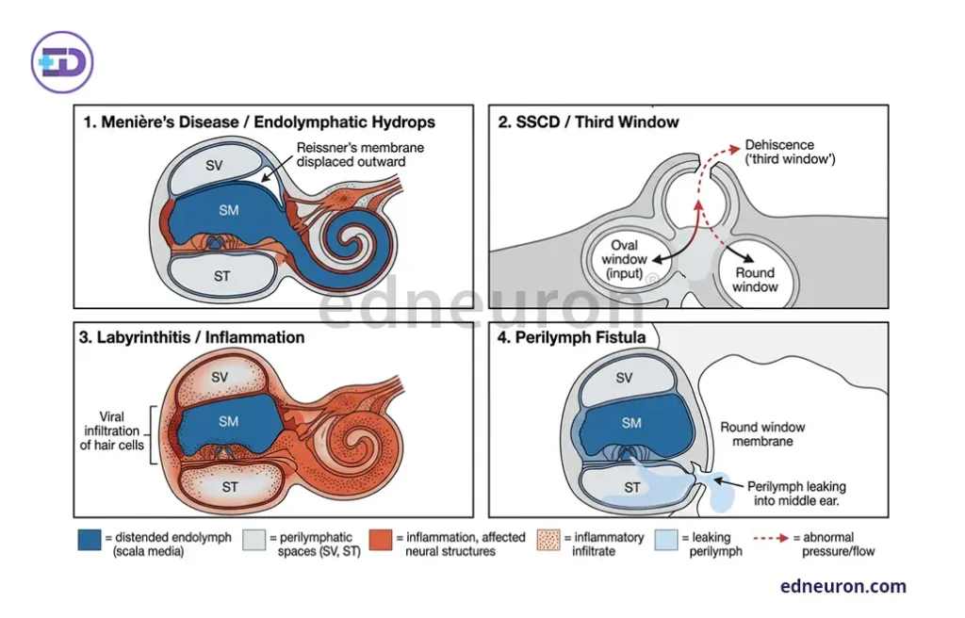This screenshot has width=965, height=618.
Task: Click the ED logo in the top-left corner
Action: point(62,62)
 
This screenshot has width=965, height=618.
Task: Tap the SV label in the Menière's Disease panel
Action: point(214,166)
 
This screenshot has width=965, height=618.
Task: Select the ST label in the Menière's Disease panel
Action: point(222,276)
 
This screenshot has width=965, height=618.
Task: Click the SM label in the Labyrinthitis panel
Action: point(228,422)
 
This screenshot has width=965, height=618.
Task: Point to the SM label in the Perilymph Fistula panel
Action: point(631,423)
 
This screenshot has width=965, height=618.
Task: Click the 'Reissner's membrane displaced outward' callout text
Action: point(360,154)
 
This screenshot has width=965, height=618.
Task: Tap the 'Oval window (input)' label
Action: point(624,259)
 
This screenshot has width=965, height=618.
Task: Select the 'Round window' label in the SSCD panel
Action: point(755,280)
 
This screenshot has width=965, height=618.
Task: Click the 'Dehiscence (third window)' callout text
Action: point(791,152)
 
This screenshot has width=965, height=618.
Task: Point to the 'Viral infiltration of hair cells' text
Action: point(111,431)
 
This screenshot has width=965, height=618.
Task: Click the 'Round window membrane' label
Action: point(762,434)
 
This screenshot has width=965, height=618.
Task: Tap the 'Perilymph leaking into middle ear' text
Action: point(796,494)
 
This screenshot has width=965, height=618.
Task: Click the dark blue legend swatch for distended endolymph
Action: point(90,540)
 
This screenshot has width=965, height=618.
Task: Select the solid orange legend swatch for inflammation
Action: point(381,540)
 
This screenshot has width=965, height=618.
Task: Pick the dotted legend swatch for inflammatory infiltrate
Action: point(548,540)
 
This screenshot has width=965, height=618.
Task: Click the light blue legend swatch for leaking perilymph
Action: point(666,540)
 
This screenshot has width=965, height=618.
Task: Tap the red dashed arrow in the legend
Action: point(771,538)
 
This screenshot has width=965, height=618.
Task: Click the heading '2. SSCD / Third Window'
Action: point(588,122)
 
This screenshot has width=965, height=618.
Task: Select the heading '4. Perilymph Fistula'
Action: point(572,337)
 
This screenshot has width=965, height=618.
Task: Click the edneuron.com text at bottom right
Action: point(843,586)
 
